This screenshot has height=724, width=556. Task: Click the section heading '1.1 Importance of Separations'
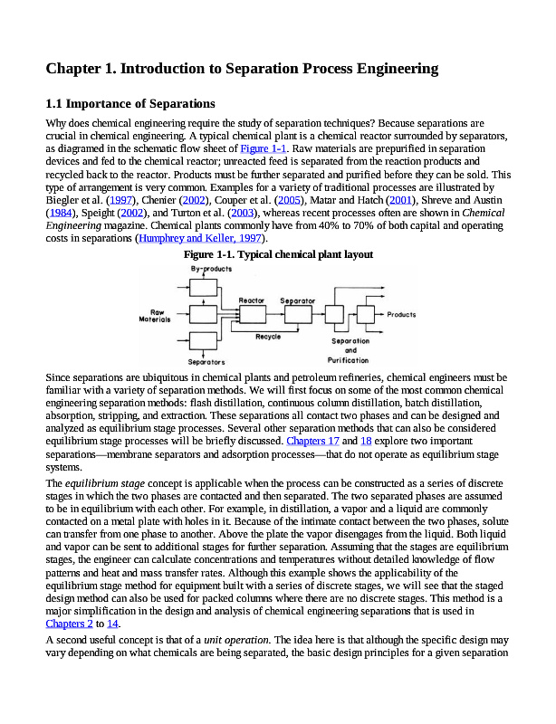coord(130,103)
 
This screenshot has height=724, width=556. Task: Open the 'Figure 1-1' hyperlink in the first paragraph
coord(264,148)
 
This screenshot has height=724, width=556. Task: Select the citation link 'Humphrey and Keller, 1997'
coord(199,239)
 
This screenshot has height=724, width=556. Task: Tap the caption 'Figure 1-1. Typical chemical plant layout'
coord(279,255)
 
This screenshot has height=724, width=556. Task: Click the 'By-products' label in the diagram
coord(211,269)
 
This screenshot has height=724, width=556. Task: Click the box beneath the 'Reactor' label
coord(252,314)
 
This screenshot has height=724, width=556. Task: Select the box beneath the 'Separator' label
coord(298,314)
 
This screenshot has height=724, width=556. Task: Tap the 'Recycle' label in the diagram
coord(268,337)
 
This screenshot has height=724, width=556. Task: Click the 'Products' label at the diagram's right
coord(402,315)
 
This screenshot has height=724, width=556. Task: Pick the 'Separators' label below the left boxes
coord(206,362)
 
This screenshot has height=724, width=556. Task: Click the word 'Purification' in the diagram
coord(350,359)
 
